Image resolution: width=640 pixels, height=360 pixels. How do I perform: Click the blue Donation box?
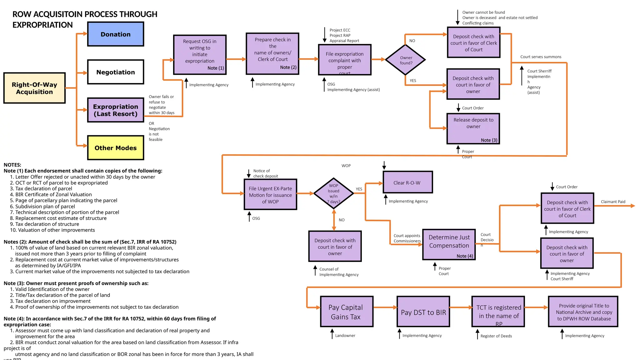point(115,34)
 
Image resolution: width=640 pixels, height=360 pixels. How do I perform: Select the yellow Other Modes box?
point(115,147)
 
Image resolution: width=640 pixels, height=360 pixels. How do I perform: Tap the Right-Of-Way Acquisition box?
point(34,88)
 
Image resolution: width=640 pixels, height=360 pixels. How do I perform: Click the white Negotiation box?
point(115,72)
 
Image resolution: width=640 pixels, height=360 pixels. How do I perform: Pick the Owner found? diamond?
point(406,60)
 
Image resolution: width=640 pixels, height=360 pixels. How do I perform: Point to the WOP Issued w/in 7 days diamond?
point(333,193)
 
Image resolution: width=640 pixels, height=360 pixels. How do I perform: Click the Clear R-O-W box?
point(407,182)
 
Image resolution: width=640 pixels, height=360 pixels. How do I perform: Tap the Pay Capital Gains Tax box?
point(347,312)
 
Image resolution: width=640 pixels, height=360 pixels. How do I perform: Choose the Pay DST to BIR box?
point(423,312)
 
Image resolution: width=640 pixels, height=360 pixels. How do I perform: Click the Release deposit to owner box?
point(473,128)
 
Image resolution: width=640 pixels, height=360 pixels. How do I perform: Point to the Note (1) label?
point(216,68)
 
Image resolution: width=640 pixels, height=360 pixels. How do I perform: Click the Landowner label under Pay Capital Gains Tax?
point(345,335)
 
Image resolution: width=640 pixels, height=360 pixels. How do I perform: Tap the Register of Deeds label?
point(496,336)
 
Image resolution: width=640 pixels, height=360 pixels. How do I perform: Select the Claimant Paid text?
point(613,202)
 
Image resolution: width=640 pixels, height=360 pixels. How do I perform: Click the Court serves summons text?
point(541,57)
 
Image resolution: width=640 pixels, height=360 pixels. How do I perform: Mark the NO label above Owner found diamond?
point(412,41)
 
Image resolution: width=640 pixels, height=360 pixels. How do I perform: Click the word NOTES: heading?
point(12,165)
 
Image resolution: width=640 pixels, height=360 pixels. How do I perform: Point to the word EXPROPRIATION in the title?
point(42,25)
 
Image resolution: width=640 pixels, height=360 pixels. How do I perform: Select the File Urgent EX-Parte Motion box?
point(270,194)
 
